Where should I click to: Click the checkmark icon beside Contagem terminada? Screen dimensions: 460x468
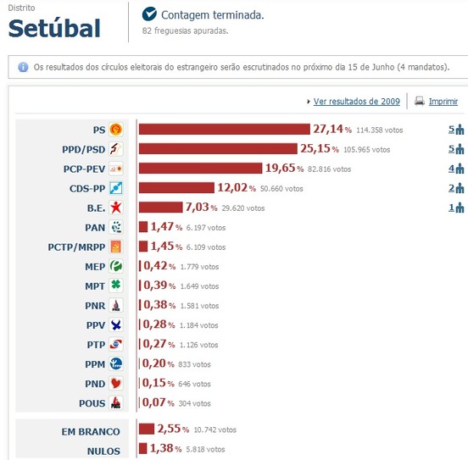coord(149,14)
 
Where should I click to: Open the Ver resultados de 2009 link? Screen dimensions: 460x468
coord(356,101)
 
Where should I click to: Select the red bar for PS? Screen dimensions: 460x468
coord(224,130)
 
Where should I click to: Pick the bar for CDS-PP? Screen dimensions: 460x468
coord(176,188)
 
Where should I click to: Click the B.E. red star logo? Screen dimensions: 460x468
coord(117,208)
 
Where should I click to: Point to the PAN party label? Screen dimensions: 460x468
coord(95,227)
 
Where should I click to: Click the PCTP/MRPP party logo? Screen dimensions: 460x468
coord(117,247)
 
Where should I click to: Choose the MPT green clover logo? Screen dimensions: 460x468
coord(117,285)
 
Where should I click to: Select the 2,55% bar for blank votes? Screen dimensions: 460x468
coord(146,430)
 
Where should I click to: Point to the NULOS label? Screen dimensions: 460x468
coord(103,451)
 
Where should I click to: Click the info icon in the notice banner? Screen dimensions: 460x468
coord(23,66)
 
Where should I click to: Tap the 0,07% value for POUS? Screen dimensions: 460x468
coord(158,402)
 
